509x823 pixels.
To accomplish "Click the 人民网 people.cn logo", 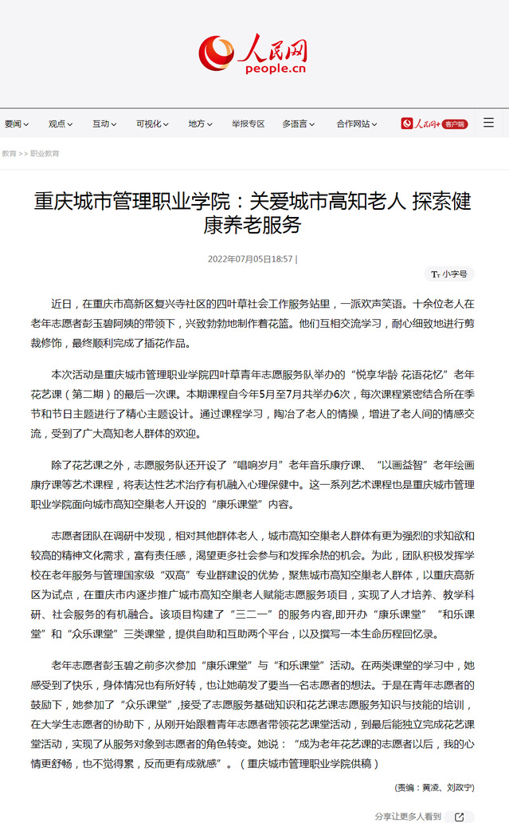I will [x=253, y=54].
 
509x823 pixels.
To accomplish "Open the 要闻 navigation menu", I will [x=17, y=124].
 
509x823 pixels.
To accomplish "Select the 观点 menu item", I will [x=61, y=124].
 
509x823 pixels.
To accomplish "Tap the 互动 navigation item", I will [x=104, y=124].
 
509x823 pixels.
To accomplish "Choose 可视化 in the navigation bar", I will [x=151, y=124].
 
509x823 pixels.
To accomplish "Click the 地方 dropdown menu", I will [x=200, y=124].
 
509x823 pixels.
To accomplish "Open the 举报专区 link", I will [x=248, y=124].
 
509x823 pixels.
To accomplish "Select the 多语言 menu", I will [x=298, y=124].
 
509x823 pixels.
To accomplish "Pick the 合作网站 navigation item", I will [x=356, y=124].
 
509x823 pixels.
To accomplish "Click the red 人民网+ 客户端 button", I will [x=434, y=124].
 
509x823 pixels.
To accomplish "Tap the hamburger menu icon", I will [x=488, y=123].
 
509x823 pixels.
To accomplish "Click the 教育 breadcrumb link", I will [x=9, y=153].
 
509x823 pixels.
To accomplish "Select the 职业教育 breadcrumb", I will [x=45, y=153].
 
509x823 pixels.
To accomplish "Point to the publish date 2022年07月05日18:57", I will [x=251, y=259].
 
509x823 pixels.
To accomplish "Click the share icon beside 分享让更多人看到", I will [x=459, y=817].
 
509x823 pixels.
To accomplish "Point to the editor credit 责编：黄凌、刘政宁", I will [x=434, y=787].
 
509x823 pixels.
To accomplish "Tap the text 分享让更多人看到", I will [x=407, y=817].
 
